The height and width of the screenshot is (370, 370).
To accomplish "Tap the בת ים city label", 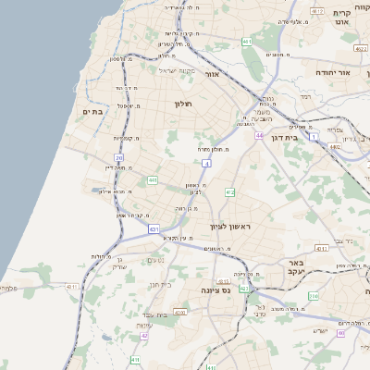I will [x=92, y=111].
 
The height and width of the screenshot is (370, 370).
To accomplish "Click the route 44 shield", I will [x=260, y=134].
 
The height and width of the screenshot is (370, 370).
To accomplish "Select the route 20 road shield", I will [x=118, y=158].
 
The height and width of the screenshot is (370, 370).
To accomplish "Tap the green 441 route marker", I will [x=153, y=180].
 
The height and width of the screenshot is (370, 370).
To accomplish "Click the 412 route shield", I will [x=229, y=191].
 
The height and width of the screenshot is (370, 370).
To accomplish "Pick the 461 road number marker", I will [x=246, y=42].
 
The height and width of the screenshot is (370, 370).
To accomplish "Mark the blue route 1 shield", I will [x=314, y=136].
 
